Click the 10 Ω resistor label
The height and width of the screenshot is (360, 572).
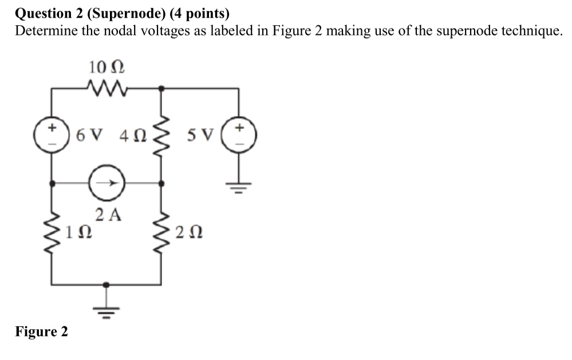tap(107, 68)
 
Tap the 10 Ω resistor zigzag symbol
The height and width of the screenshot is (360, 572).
tap(107, 88)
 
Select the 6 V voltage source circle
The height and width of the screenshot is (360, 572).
tap(53, 136)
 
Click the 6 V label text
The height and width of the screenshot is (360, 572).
tap(89, 136)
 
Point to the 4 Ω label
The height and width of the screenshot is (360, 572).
tap(133, 136)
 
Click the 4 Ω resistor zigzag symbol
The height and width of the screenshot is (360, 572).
tap(161, 136)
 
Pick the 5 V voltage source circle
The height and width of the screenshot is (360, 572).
tap(240, 136)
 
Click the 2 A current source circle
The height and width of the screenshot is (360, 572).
tap(107, 184)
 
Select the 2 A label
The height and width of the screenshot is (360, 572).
tap(109, 215)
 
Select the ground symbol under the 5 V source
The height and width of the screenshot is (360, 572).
tap(240, 187)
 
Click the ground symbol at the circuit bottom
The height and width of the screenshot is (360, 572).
tap(106, 309)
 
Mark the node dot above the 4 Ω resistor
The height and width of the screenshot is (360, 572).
tap(161, 88)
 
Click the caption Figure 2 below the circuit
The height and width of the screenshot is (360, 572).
tap(41, 331)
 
